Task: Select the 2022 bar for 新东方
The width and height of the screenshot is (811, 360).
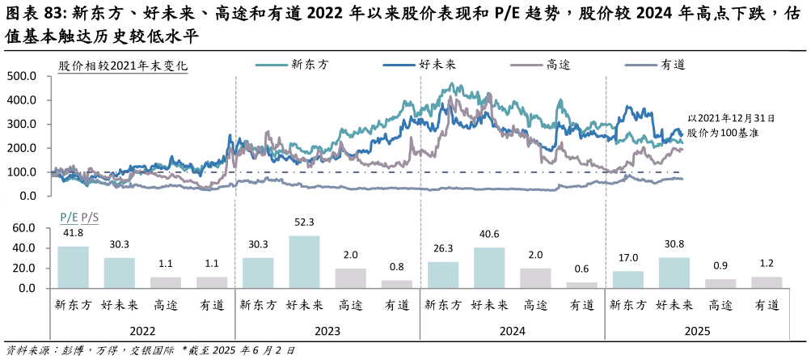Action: pyautogui.click(x=73, y=267)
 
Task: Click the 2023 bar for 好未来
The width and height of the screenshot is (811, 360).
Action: pyautogui.click(x=304, y=261)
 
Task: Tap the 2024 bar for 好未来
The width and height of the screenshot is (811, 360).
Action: pyautogui.click(x=489, y=268)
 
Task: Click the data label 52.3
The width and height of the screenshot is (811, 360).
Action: pyautogui.click(x=304, y=222)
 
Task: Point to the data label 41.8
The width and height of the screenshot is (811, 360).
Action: pyautogui.click(x=73, y=232)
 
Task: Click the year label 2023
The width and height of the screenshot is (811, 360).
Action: pyautogui.click(x=327, y=332)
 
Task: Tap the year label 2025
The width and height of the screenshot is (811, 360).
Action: pyautogui.click(x=697, y=332)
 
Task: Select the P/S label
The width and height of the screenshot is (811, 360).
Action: pyautogui.click(x=89, y=217)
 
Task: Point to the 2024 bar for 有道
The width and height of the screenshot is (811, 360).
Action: pyautogui.click(x=581, y=285)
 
